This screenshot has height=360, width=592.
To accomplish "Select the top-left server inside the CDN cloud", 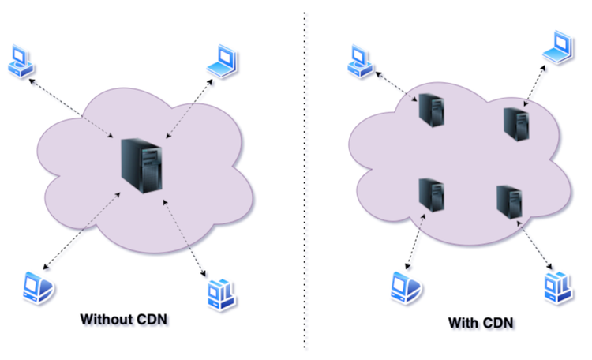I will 432,110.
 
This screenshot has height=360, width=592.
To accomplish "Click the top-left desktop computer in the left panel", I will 21,61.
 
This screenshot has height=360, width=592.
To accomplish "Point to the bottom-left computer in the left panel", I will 38,286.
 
